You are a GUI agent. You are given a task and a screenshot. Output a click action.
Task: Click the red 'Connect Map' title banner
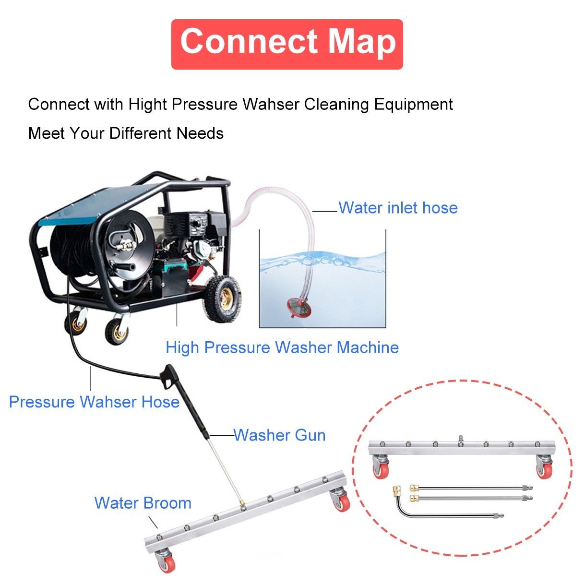coord(287,44)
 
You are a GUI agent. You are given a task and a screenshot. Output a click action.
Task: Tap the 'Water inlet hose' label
coord(398,208)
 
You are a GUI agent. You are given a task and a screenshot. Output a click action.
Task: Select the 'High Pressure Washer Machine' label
coord(282,347)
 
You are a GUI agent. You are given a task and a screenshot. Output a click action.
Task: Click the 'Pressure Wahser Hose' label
coord(94,402)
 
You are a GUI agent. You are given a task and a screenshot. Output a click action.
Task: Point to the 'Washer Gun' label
coord(280,435)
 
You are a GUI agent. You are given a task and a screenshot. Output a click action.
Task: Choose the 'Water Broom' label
coord(143,503)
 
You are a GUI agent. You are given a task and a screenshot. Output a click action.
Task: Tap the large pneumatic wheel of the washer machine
coord(223,296)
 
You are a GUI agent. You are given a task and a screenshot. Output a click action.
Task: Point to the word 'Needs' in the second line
coord(200,133)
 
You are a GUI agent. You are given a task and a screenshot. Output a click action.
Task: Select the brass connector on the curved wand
coord(397,490)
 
